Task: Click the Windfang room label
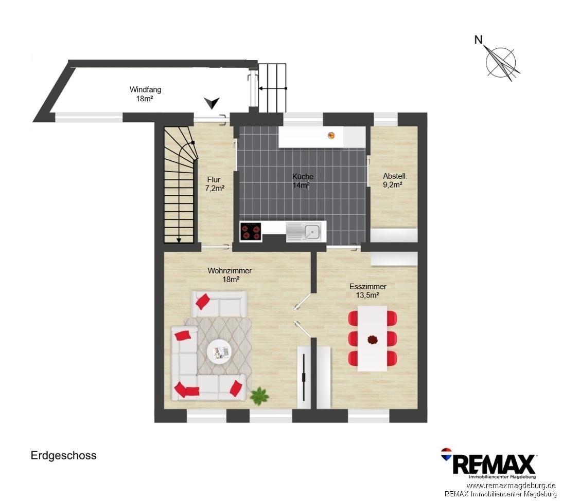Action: [145, 89]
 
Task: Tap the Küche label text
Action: [303, 176]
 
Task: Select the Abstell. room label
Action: [395, 176]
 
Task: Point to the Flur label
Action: [214, 180]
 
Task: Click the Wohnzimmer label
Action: [230, 271]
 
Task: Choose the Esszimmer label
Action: [368, 287]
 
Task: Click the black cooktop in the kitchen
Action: [251, 231]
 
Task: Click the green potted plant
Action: [259, 396]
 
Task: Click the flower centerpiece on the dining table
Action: [373, 339]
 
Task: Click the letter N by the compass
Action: [478, 40]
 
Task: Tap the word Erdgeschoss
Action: [63, 456]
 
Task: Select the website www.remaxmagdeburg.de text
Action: [511, 486]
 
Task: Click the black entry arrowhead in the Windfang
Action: [212, 103]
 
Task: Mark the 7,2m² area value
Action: [215, 189]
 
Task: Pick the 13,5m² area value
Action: [368, 295]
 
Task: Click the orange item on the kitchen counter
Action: [331, 135]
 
